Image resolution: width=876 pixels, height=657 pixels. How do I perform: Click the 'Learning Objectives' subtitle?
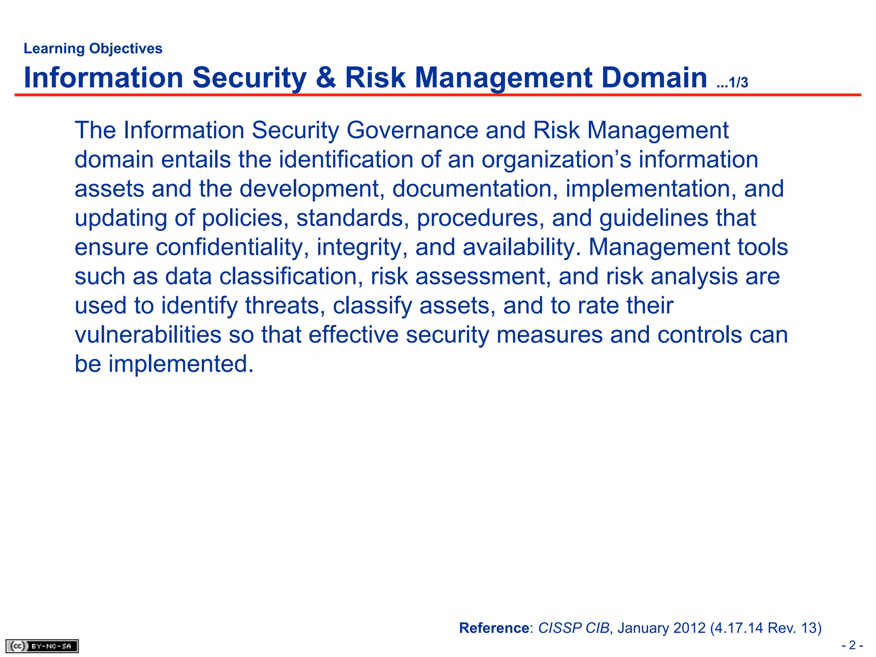(x=93, y=48)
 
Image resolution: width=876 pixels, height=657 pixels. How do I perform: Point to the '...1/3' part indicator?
(x=732, y=82)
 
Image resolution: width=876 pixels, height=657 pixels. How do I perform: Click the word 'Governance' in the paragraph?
(x=412, y=130)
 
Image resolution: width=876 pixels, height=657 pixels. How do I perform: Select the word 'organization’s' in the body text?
(x=556, y=160)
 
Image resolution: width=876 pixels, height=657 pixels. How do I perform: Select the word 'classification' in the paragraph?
(x=289, y=276)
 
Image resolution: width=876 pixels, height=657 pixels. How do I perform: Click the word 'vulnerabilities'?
(x=148, y=334)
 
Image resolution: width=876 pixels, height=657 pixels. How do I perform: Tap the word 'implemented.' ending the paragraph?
(x=181, y=364)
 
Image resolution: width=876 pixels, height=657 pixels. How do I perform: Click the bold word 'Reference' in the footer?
(x=494, y=627)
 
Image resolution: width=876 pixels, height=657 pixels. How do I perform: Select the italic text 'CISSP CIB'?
(x=573, y=627)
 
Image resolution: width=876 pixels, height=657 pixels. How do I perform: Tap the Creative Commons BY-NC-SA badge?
(x=42, y=646)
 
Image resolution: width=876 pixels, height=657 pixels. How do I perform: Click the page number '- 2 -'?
(x=852, y=645)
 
